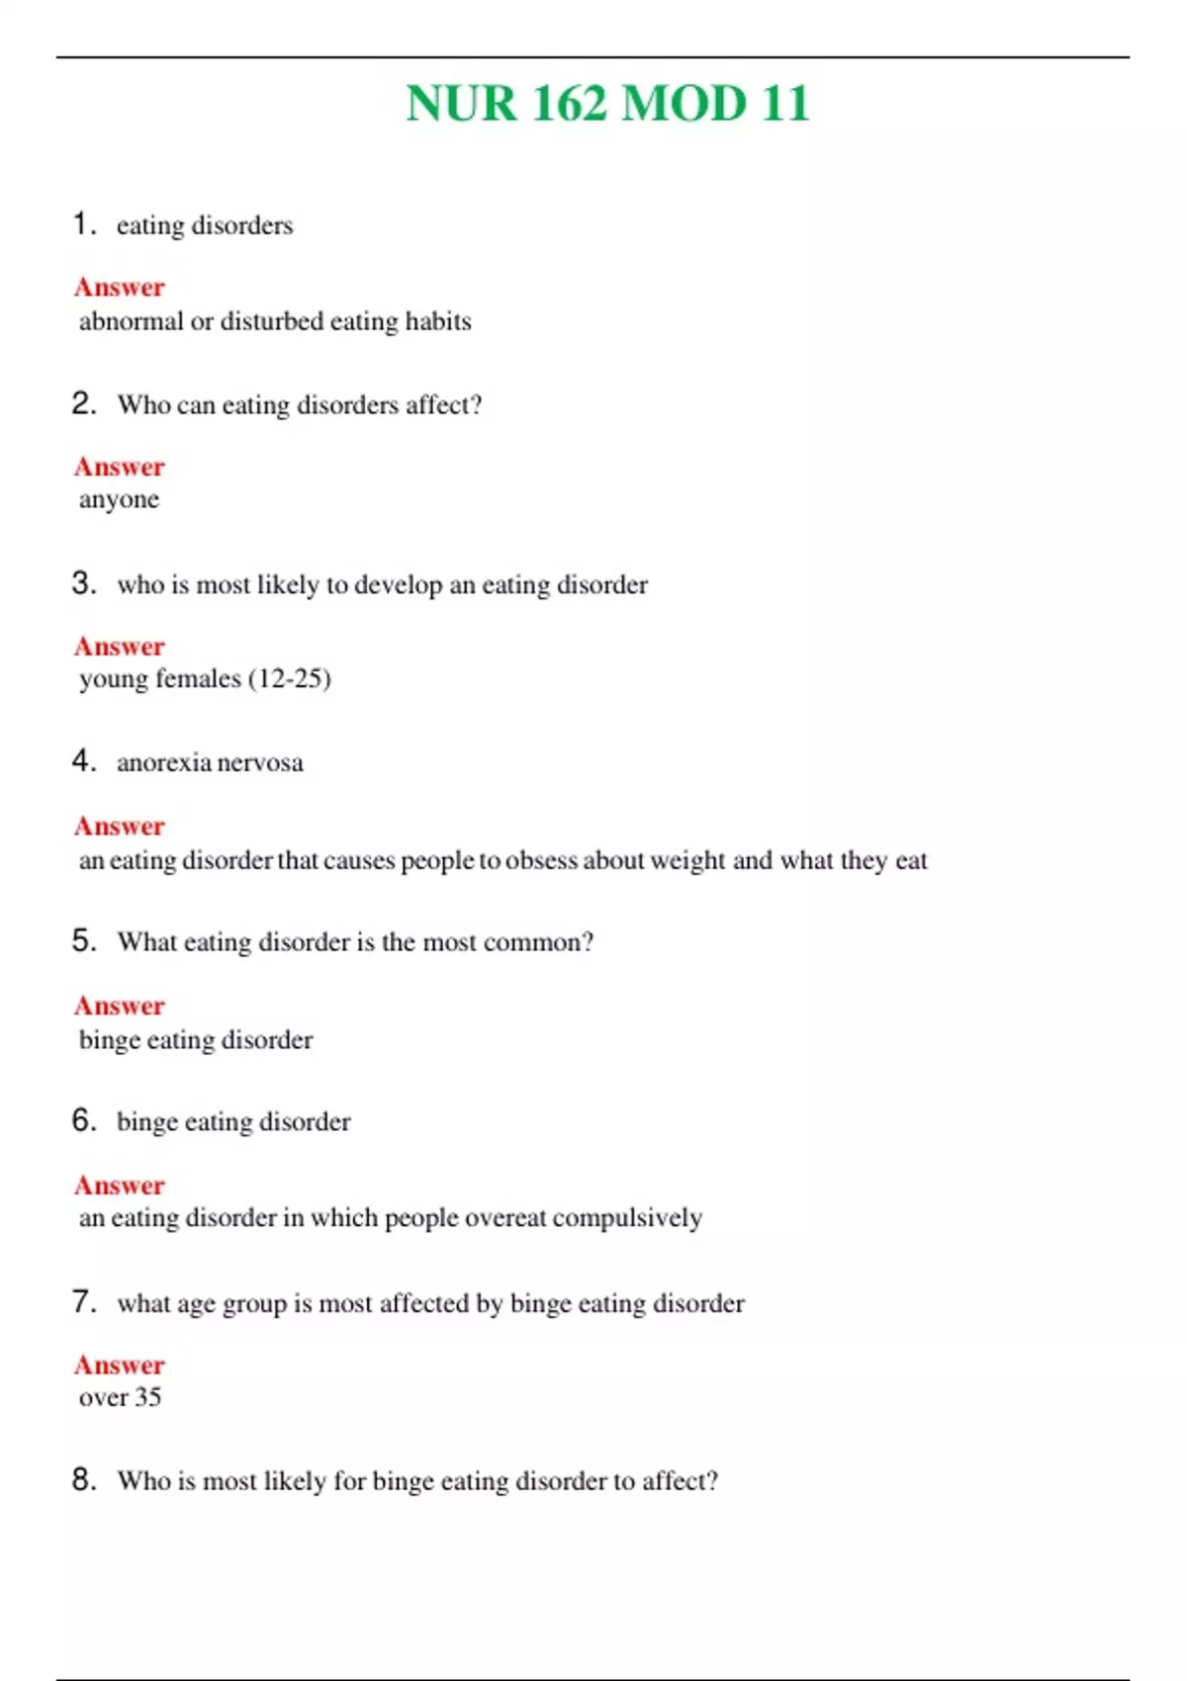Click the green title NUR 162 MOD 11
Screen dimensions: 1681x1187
point(607,104)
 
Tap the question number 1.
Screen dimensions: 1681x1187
point(83,223)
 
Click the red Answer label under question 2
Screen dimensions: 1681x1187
point(120,466)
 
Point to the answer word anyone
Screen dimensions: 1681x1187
point(119,500)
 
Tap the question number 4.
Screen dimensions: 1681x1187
point(83,760)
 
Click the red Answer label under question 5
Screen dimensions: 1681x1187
point(120,1006)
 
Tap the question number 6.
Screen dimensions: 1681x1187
point(83,1120)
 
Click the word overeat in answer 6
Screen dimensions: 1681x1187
point(504,1218)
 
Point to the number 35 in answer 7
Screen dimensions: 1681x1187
point(147,1397)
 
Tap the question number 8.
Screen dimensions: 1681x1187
point(83,1479)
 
